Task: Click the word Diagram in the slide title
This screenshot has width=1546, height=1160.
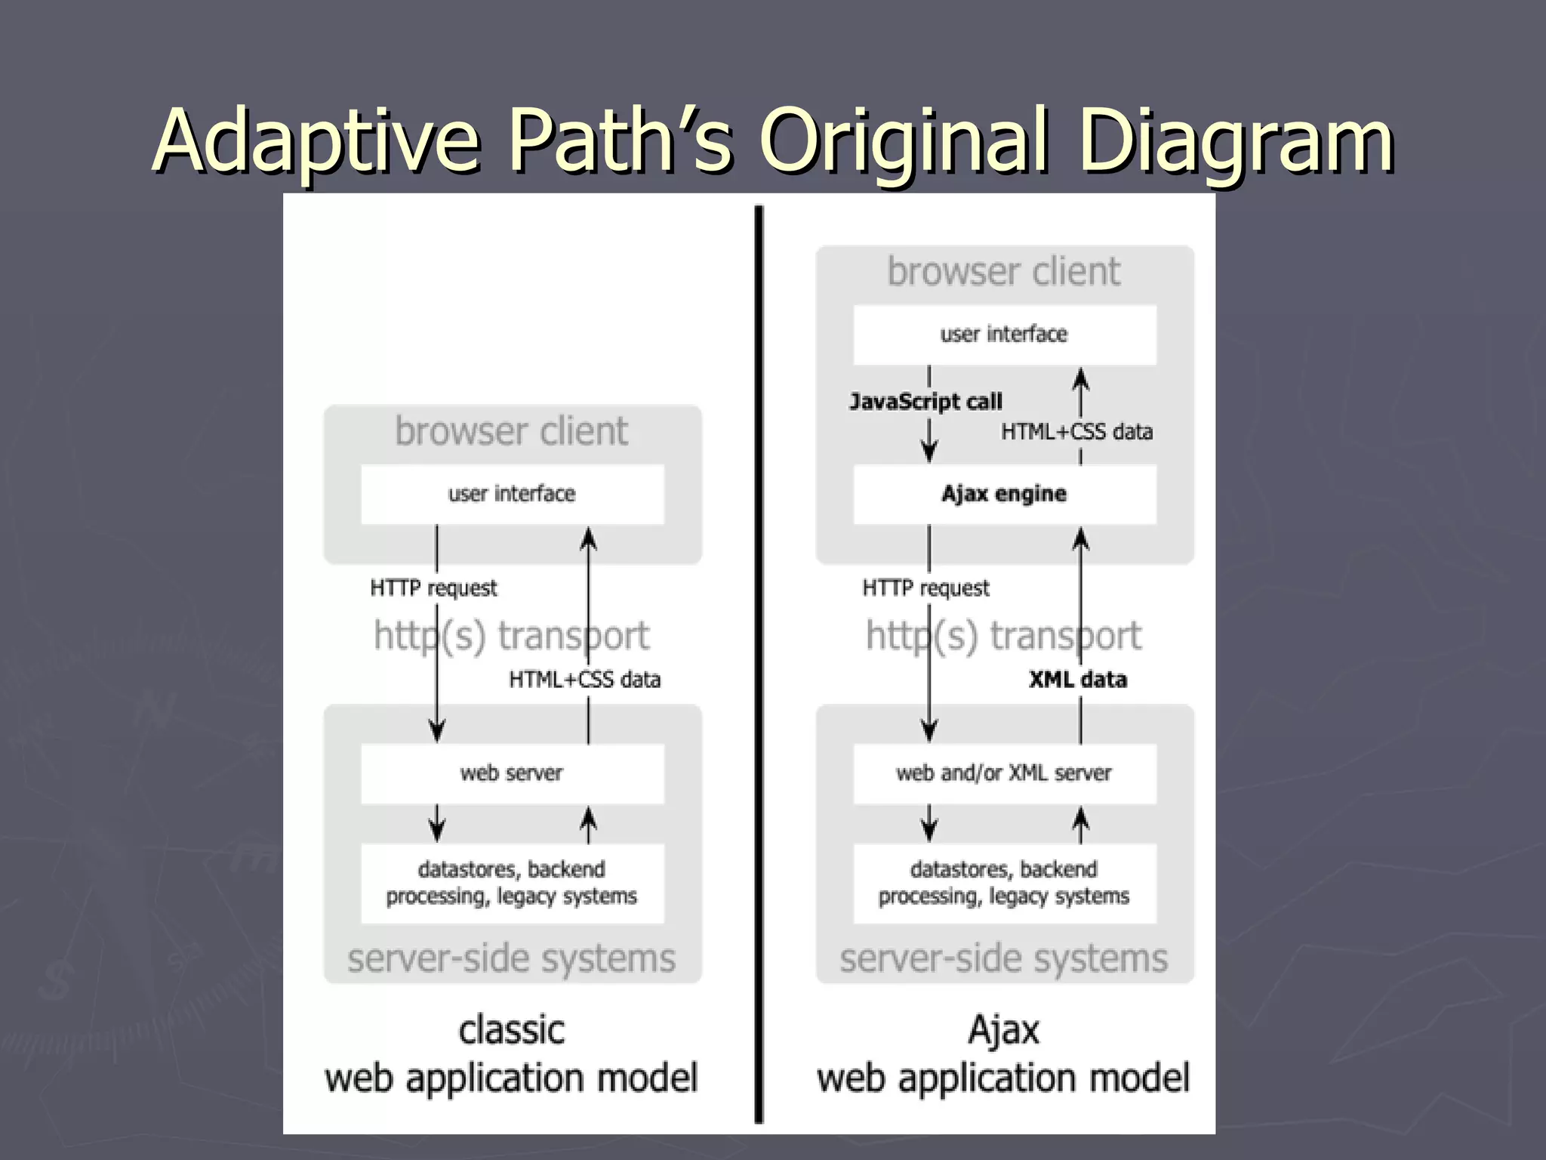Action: click(1236, 140)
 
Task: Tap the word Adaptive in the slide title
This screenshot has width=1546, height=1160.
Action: click(317, 140)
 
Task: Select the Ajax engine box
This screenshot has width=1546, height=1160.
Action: click(1004, 495)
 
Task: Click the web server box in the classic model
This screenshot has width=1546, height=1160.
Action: click(512, 774)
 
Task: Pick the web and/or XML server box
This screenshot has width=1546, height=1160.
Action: click(1004, 774)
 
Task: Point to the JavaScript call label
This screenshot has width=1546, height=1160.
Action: click(925, 401)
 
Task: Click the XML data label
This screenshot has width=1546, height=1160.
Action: click(1078, 680)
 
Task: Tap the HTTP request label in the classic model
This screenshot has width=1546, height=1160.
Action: click(433, 588)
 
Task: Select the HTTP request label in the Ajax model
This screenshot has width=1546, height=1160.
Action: click(925, 588)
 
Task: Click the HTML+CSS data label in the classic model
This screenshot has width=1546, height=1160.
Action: click(585, 680)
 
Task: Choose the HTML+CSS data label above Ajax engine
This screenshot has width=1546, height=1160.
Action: click(1076, 432)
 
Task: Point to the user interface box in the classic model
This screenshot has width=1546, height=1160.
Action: click(512, 495)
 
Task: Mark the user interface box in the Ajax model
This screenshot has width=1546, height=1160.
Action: click(1004, 335)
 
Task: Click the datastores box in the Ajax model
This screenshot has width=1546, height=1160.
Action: click(1004, 883)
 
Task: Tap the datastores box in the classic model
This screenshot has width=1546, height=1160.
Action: click(512, 883)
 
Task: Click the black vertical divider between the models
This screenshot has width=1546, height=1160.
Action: click(759, 665)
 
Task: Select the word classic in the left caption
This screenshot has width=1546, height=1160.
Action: click(512, 1031)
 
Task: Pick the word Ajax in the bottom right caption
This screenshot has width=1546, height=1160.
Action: click(1004, 1031)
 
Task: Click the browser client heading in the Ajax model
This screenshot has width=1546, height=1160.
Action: click(1004, 272)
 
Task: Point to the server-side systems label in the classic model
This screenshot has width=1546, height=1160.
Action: click(512, 959)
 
